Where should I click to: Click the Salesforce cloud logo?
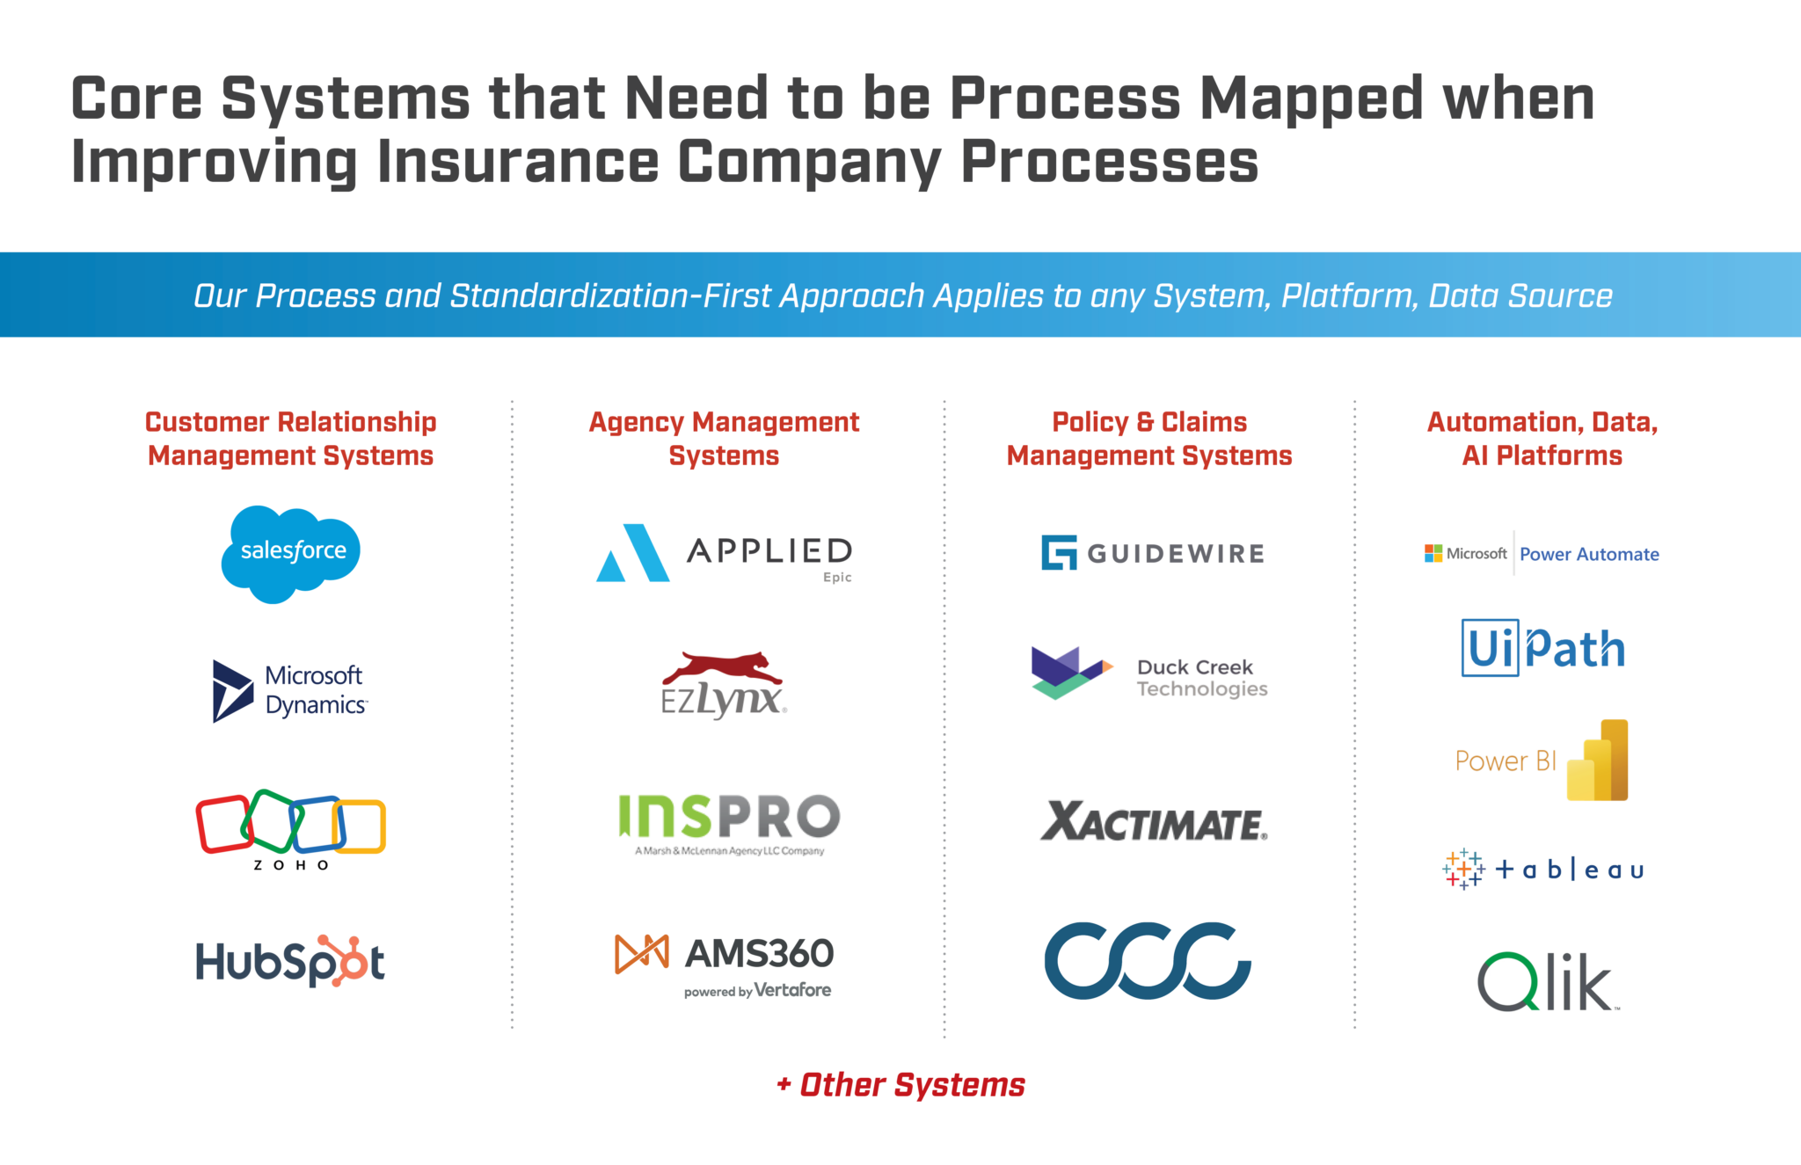pyautogui.click(x=290, y=554)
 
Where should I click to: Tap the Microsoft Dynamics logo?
pyautogui.click(x=290, y=691)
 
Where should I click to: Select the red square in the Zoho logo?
pyautogui.click(x=223, y=824)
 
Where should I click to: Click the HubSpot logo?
pyautogui.click(x=290, y=961)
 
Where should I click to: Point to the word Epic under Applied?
pyautogui.click(x=837, y=578)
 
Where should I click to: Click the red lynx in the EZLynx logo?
pyautogui.click(x=723, y=668)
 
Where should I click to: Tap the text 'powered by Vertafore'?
pyautogui.click(x=757, y=991)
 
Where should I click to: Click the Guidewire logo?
pyautogui.click(x=1152, y=553)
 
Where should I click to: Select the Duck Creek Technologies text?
pyautogui.click(x=1201, y=678)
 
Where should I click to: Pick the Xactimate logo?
pyautogui.click(x=1154, y=822)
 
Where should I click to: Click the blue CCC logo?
pyautogui.click(x=1148, y=960)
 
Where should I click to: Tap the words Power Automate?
pyautogui.click(x=1589, y=555)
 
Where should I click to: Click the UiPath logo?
pyautogui.click(x=1542, y=649)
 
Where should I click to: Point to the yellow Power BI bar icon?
pyautogui.click(x=1598, y=761)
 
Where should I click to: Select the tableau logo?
pyautogui.click(x=1542, y=870)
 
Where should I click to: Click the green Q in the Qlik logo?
pyautogui.click(x=1507, y=982)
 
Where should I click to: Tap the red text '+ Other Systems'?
pyautogui.click(x=900, y=1085)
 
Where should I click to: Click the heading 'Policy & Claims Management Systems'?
pyautogui.click(x=1149, y=439)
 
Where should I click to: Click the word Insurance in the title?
pyautogui.click(x=518, y=162)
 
